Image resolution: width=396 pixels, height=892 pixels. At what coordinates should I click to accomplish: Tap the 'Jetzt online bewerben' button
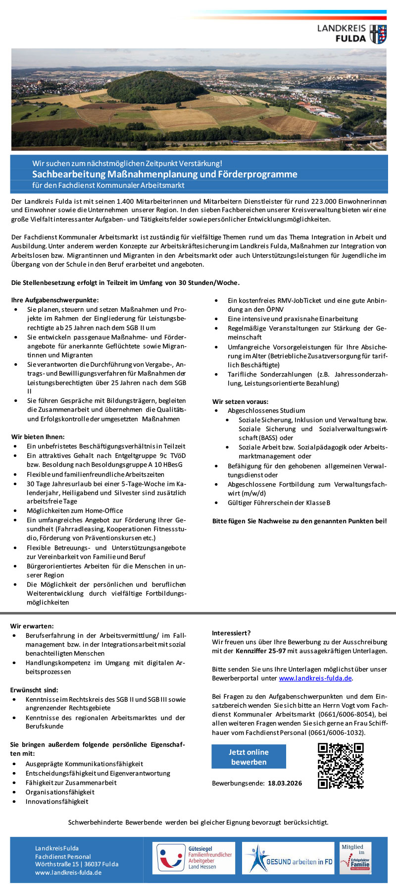pyautogui.click(x=248, y=757)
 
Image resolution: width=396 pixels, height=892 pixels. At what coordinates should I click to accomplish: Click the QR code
pyautogui.click(x=341, y=765)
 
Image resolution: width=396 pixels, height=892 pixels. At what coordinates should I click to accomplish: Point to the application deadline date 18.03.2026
pyautogui.click(x=285, y=783)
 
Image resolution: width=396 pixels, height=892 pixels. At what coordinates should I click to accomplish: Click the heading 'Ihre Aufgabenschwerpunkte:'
pyautogui.click(x=55, y=300)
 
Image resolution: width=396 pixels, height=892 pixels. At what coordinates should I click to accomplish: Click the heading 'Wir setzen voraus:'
pyautogui.click(x=240, y=401)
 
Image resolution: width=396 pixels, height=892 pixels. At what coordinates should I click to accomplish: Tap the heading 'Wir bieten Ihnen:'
pyautogui.click(x=38, y=437)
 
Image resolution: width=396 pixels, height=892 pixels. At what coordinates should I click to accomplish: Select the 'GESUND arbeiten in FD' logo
pyautogui.click(x=288, y=858)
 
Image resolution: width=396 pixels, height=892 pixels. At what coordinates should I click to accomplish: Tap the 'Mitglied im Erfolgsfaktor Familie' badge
pyautogui.click(x=355, y=858)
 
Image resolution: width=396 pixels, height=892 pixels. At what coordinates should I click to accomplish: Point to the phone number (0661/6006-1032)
pyautogui.click(x=334, y=732)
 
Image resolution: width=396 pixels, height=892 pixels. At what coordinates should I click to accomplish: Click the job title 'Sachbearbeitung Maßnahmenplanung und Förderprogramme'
pyautogui.click(x=165, y=174)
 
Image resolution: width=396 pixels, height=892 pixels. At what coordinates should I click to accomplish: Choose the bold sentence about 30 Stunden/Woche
pyautogui.click(x=125, y=282)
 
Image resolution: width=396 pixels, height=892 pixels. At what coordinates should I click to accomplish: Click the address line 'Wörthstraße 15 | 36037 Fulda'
pyautogui.click(x=77, y=864)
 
